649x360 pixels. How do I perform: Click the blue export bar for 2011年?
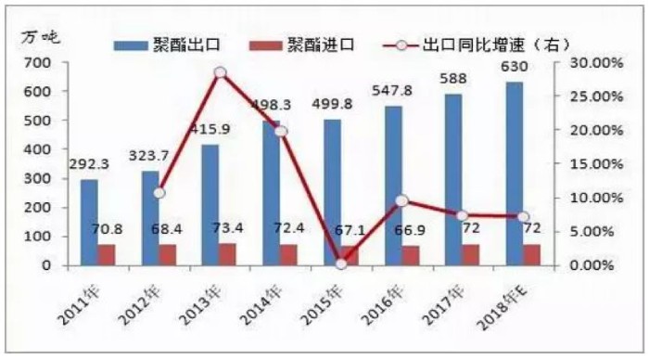point(89,222)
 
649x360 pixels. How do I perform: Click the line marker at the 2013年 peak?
point(220,72)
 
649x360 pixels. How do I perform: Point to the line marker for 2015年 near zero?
point(341,264)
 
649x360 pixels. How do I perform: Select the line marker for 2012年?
point(159,192)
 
